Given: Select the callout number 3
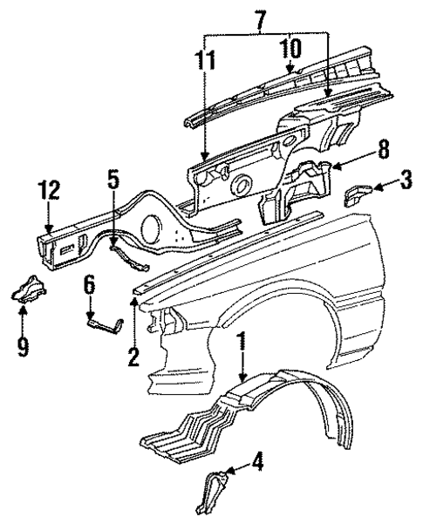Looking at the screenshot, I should tap(406, 183).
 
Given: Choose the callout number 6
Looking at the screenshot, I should tap(89, 285).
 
